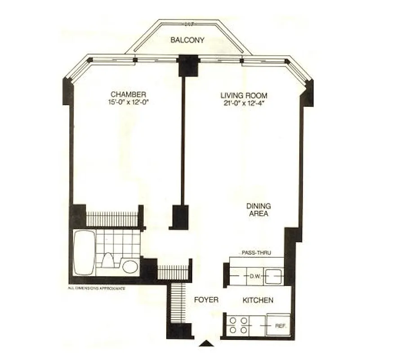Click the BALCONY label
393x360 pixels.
187,40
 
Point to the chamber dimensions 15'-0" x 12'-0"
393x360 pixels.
128,102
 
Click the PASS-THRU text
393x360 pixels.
256,253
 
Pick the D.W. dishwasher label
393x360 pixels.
255,276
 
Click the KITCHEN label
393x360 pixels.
258,300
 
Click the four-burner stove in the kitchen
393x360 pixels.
239,325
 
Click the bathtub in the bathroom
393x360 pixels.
84,252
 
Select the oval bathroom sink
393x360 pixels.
130,266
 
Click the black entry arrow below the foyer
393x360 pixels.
206,344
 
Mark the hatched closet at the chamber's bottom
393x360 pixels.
112,219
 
